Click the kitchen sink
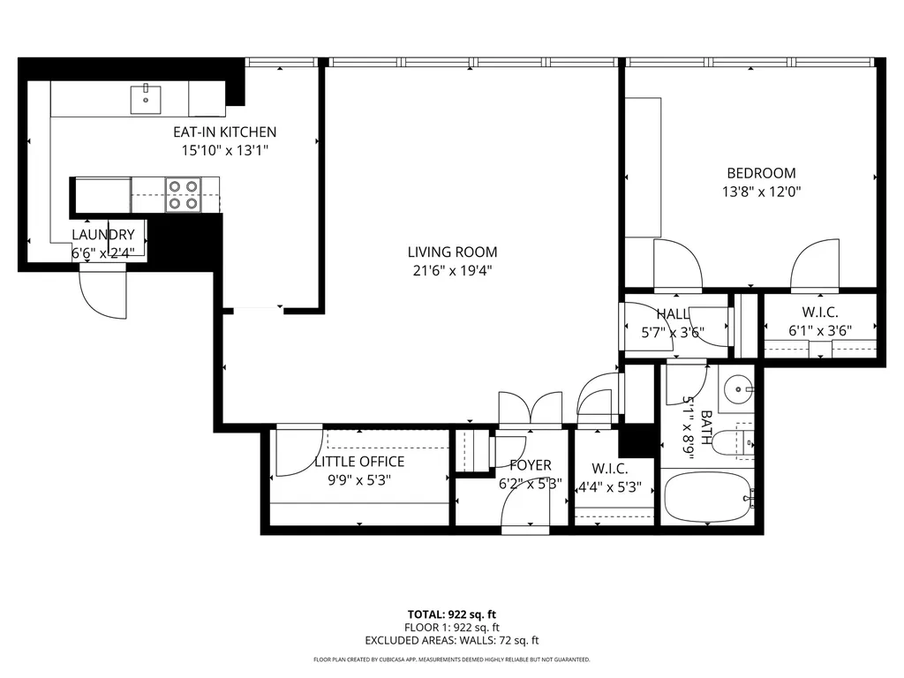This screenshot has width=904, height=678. pos(146,99)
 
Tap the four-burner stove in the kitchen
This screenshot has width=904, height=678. pos(184,195)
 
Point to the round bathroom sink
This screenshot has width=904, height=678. pos(739,389)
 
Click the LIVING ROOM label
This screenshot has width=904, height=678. pos(453,252)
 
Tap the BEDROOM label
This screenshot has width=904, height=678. pos(761,173)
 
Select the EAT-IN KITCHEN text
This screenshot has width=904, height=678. pos(225,132)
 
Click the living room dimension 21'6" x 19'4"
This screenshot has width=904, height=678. pos(453,270)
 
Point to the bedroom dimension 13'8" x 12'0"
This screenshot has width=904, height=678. pos(762,192)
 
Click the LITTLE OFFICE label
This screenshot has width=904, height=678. pos(359,462)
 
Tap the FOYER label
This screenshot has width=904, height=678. pos(531,465)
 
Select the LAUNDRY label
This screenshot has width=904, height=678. pos(103,235)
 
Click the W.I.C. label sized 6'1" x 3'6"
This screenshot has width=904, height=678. pos(820,313)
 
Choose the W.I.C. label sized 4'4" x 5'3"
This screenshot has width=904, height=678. pos(610,469)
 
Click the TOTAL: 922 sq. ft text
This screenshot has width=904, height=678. pos(452,614)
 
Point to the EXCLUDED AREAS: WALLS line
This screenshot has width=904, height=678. pos(452,641)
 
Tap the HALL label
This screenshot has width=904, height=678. pos(673,314)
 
